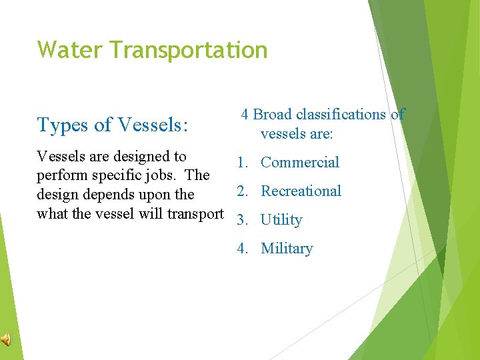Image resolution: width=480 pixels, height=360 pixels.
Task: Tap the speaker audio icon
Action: [6, 340]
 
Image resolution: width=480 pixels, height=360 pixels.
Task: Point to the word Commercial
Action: [300, 163]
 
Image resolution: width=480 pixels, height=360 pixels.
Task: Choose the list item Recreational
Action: [301, 191]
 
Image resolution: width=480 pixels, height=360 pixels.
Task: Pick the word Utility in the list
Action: [281, 220]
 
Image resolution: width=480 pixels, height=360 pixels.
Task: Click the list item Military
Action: [287, 249]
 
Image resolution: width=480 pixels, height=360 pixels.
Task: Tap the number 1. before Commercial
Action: [243, 163]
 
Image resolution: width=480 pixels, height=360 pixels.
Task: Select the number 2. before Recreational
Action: [243, 191]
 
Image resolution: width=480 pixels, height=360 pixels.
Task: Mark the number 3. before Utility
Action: [243, 220]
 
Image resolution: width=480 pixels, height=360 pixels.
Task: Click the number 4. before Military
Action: [243, 249]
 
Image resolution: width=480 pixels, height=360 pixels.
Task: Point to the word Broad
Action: [273, 115]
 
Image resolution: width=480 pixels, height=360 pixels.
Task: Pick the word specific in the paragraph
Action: [117, 176]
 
